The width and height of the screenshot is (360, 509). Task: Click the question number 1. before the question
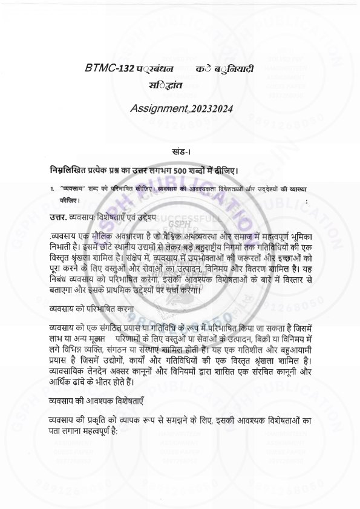[53, 188]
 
